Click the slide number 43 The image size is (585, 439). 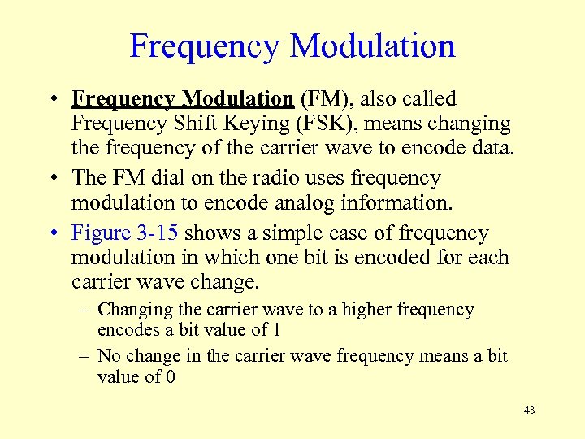point(529,411)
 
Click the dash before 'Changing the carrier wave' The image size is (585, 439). point(84,311)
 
